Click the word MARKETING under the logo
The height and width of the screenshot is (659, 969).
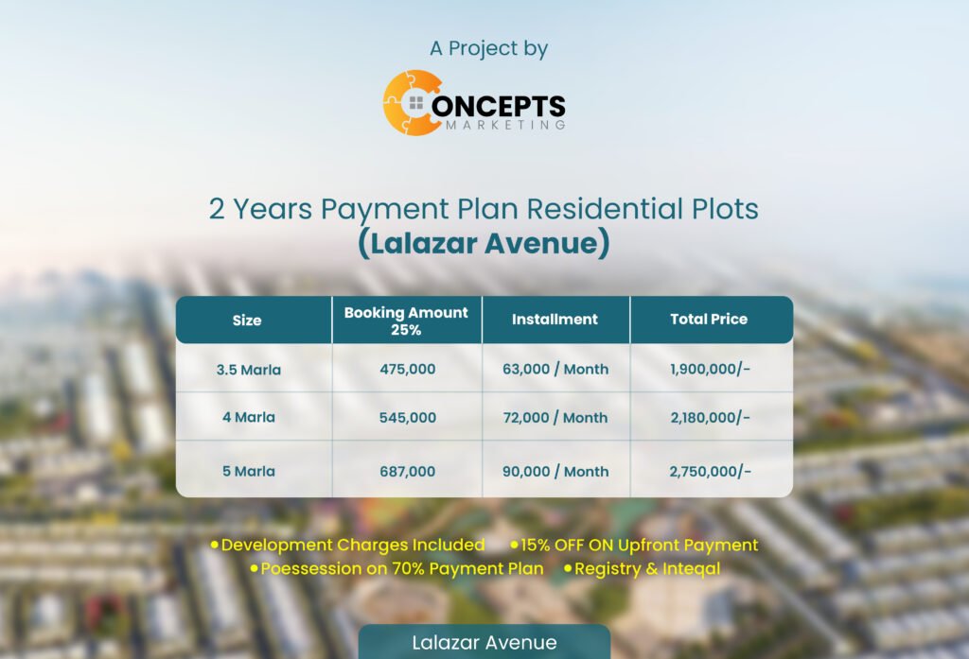click(505, 125)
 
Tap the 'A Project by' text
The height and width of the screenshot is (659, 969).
click(489, 48)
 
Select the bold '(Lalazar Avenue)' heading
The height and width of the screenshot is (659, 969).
click(484, 243)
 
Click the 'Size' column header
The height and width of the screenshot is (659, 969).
click(247, 320)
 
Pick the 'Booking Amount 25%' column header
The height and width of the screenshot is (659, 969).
click(406, 321)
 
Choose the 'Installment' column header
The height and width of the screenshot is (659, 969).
click(555, 320)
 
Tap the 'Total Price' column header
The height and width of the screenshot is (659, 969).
click(709, 320)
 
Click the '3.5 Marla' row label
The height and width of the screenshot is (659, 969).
click(249, 370)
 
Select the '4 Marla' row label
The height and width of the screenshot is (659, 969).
click(249, 418)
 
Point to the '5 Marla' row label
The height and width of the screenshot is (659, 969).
click(249, 471)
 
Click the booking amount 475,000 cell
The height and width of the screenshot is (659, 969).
click(407, 370)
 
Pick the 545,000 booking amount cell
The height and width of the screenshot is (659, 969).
click(407, 418)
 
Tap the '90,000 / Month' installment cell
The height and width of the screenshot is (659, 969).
click(555, 471)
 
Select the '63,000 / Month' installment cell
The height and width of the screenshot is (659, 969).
click(555, 370)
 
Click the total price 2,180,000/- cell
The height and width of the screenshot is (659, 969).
click(710, 418)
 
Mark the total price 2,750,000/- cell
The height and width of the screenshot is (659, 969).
click(710, 471)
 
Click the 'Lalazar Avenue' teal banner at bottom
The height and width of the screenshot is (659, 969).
click(484, 642)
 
